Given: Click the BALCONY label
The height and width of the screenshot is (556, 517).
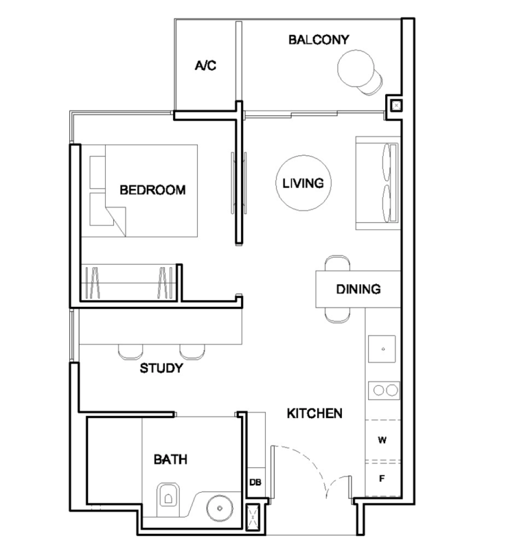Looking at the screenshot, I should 318,40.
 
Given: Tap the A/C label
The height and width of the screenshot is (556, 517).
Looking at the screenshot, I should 205,66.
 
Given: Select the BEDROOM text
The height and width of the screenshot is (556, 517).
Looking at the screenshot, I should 152,190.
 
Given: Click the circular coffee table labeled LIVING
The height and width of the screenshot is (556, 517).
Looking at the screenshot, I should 303,182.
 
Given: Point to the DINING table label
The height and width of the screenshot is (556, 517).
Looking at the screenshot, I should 358,289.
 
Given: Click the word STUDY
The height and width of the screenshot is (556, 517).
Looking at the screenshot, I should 162,368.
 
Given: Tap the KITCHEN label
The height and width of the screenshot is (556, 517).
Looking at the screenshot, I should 315,413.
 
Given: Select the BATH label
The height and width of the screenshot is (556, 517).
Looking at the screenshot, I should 171,460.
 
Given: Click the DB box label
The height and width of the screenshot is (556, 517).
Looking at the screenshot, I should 255,483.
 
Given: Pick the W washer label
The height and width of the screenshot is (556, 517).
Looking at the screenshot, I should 382,441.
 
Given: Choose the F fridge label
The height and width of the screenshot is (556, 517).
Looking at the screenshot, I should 382,480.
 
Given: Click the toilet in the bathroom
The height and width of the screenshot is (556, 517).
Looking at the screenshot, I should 167,497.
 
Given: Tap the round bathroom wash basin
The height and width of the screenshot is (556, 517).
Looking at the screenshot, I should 219,508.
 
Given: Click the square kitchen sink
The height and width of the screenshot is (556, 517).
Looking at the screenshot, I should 383,350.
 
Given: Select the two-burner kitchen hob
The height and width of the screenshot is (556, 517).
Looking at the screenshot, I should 383,389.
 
